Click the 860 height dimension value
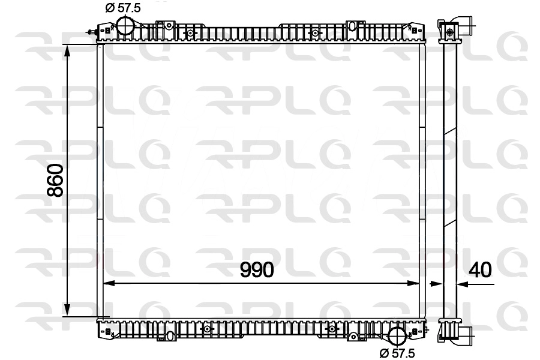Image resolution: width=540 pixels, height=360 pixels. point(55,180)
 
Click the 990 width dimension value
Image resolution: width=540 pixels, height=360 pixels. point(257,270)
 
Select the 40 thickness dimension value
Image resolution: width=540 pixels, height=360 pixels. point(481,270)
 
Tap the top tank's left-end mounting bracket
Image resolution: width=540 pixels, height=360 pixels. point(107,29)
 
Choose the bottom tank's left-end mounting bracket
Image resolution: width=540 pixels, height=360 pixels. point(107,330)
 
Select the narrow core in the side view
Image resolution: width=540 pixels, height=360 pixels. point(450,180)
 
